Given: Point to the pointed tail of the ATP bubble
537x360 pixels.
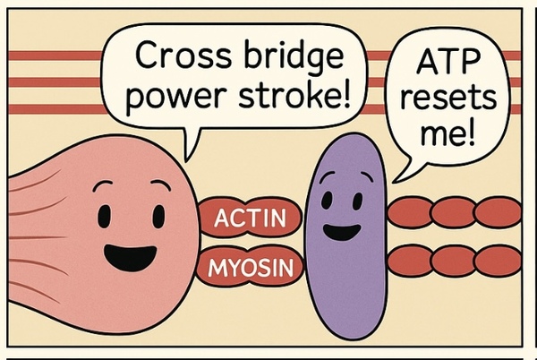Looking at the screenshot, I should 399,172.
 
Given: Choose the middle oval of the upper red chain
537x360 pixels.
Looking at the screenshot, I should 453,212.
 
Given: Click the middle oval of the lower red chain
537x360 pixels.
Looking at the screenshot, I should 453,261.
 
